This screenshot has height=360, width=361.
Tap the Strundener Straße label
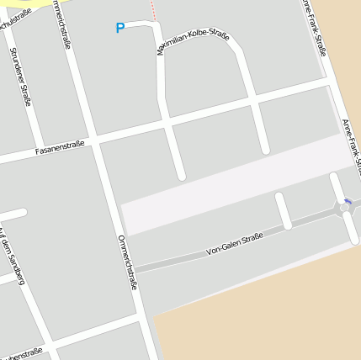20,76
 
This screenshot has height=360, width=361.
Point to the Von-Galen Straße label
235,245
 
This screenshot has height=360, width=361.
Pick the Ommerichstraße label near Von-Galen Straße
128,262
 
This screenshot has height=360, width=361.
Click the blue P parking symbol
119,29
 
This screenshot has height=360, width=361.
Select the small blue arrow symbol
348,201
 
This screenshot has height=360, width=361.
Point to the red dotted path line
154,10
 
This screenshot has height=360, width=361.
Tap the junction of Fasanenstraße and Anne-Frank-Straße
329,83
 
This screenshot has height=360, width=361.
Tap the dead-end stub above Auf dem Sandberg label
13,214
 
